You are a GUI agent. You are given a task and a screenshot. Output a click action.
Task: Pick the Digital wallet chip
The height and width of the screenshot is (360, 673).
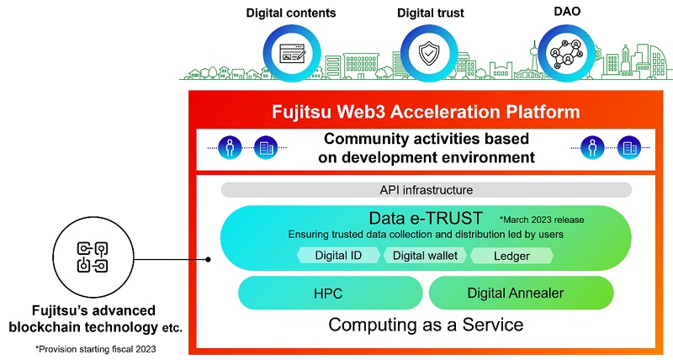click(x=425, y=255)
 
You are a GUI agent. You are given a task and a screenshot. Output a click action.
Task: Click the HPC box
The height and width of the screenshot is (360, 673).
click(x=330, y=294)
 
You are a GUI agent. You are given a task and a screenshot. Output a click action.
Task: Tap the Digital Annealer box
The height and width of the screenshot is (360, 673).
click(x=522, y=294)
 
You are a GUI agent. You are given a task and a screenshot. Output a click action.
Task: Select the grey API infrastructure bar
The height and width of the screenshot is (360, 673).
click(x=427, y=190)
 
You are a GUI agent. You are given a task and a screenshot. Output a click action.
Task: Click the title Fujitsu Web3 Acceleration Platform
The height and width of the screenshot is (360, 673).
click(x=427, y=112)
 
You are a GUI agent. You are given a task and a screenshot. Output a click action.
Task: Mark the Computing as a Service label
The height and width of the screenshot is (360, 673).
click(x=427, y=325)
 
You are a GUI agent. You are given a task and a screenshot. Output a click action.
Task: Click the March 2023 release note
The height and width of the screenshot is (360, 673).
click(x=541, y=220)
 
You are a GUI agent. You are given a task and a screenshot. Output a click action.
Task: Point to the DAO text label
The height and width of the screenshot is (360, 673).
click(x=562, y=13)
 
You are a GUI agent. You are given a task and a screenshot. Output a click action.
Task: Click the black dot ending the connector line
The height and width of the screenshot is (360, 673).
click(x=209, y=261)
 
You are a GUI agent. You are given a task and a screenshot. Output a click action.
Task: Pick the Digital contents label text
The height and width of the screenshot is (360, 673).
click(x=290, y=13)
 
